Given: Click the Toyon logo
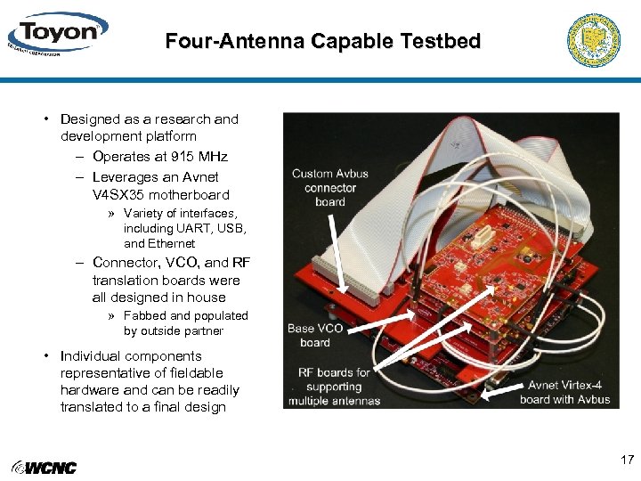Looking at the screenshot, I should tap(57, 35).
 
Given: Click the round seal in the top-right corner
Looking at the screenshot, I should tap(593, 40).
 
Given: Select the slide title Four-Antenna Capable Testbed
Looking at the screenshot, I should tap(322, 41).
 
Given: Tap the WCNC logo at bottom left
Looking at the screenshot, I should tap(44, 468).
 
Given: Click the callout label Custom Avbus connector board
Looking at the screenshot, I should tap(329, 187).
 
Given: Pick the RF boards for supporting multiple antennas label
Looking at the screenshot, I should tap(334, 387).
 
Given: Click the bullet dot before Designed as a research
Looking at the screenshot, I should tap(45, 119).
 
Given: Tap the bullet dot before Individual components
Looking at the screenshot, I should tap(45, 356).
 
